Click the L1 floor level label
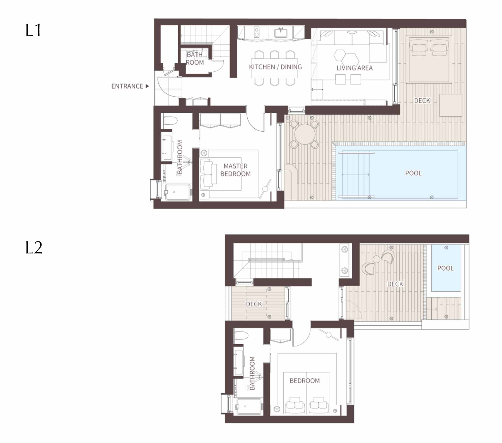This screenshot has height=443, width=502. click(33, 30)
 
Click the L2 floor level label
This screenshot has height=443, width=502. click(34, 248)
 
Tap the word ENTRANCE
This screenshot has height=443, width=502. click(127, 86)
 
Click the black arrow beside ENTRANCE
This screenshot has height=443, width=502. click(147, 86)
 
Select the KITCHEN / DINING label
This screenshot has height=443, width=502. click(275, 67)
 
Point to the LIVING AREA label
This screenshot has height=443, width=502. click(354, 68)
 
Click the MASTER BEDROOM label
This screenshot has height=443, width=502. click(235, 170)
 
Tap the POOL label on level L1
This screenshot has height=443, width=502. click(413, 173)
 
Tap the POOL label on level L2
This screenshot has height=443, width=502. click(445, 268)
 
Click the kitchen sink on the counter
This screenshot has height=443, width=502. click(281, 33)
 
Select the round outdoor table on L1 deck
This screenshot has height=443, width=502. click(305, 134)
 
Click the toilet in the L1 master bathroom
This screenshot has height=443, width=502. click(170, 121)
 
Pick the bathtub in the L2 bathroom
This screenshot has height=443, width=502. click(249, 406)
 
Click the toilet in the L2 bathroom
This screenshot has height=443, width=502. click(242, 335)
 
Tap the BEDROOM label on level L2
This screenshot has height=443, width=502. click(305, 381)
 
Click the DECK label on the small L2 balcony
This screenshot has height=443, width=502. click(254, 304)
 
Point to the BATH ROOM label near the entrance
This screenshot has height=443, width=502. click(195, 59)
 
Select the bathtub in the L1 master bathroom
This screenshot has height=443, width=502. click(178, 192)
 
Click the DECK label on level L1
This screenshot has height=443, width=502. click(422, 100)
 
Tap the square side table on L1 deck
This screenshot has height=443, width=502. click(451, 105)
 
